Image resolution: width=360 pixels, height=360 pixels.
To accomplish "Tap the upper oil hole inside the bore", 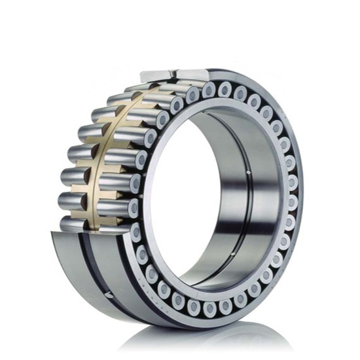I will pos(249,173).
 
